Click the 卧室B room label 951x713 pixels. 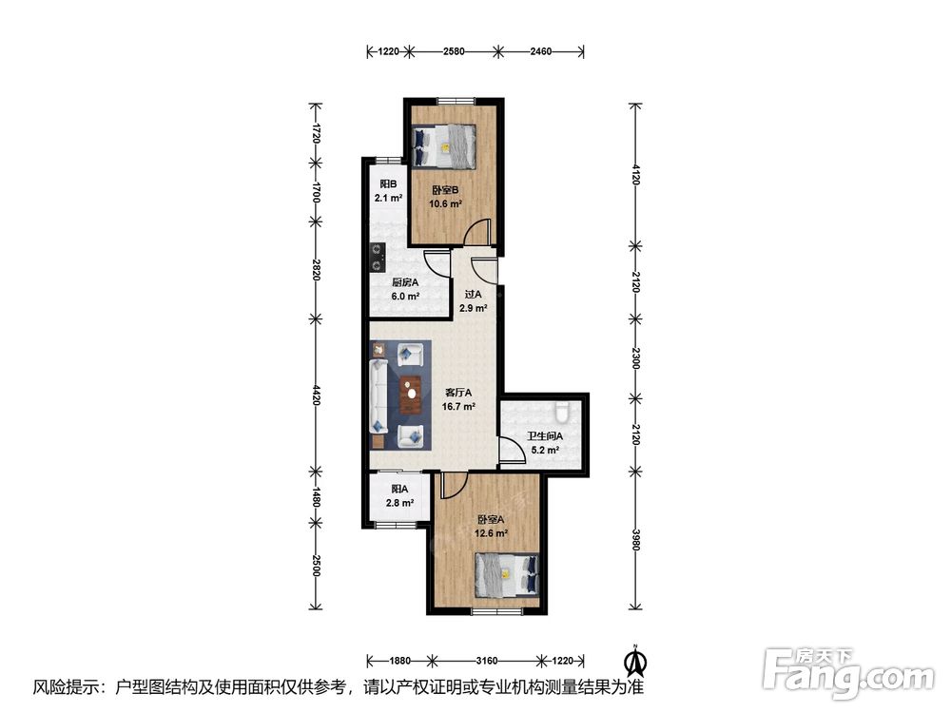pyautogui.click(x=445, y=190)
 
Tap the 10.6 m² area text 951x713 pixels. pyautogui.click(x=446, y=203)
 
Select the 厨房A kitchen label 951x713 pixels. pyautogui.click(x=405, y=282)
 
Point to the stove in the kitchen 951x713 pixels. pyautogui.click(x=378, y=257)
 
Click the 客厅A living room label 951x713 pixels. pyautogui.click(x=458, y=393)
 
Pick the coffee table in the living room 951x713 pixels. pyautogui.click(x=411, y=395)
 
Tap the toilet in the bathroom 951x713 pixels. pyautogui.click(x=562, y=412)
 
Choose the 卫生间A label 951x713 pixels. pyautogui.click(x=545, y=436)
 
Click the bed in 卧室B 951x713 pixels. pyautogui.click(x=443, y=146)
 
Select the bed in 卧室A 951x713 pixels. pyautogui.click(x=507, y=573)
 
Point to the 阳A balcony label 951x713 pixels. pyautogui.click(x=399, y=489)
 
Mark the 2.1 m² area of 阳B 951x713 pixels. pyautogui.click(x=389, y=199)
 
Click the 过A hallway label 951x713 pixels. pyautogui.click(x=473, y=295)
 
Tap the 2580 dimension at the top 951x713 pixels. pyautogui.click(x=454, y=51)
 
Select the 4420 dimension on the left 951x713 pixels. pyautogui.click(x=316, y=395)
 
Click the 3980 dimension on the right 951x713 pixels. pyautogui.click(x=635, y=540)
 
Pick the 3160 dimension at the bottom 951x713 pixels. pyautogui.click(x=486, y=661)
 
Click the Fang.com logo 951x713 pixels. pyautogui.click(x=849, y=674)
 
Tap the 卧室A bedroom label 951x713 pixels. pyautogui.click(x=491, y=520)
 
